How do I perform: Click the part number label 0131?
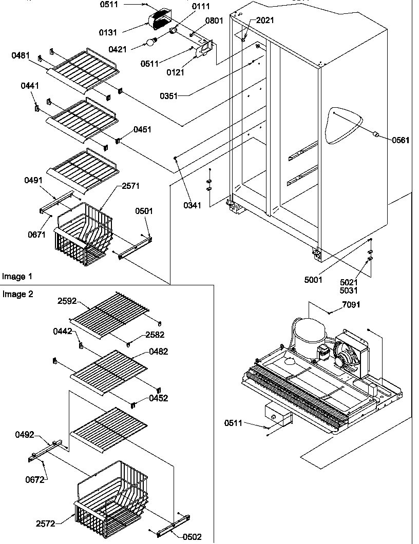click(x=108, y=32)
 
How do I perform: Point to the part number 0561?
click(x=401, y=140)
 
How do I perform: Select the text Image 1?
click(x=17, y=277)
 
